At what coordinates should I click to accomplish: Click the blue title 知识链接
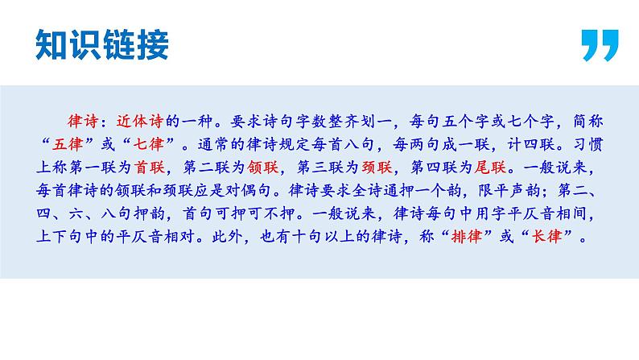[102, 45]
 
